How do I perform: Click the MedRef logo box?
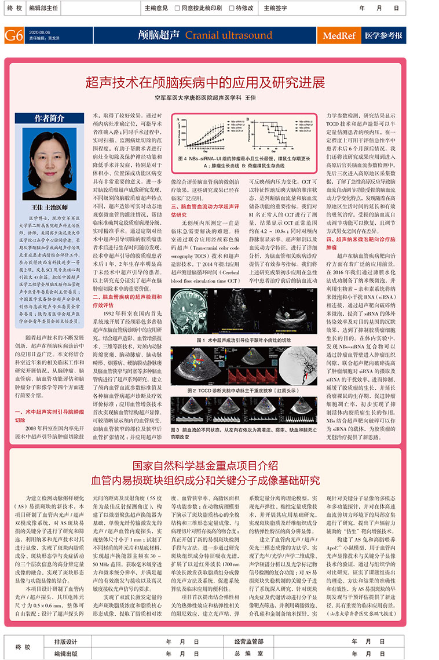(x=339, y=35)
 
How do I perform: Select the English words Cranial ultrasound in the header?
(x=228, y=35)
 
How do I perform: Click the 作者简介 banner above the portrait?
(x=49, y=118)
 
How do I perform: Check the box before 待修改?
(x=231, y=8)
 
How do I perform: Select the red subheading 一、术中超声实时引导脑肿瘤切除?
(x=42, y=415)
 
